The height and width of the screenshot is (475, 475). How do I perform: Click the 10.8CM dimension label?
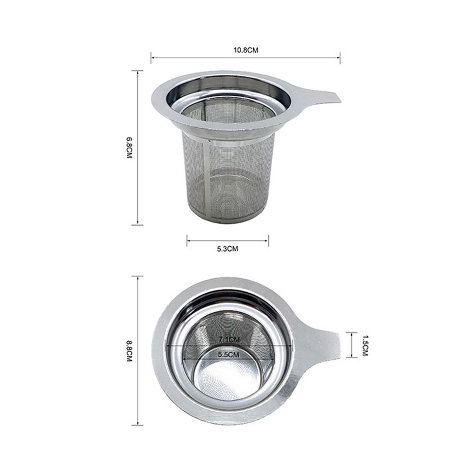point(246,50)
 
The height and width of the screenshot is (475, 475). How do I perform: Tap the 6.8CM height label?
point(129,148)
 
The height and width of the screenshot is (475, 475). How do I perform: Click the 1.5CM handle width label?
point(365,345)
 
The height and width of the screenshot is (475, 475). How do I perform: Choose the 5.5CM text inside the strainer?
point(228,354)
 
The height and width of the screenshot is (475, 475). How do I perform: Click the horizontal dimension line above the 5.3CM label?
point(227,240)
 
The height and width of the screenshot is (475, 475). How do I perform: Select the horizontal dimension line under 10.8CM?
point(246,58)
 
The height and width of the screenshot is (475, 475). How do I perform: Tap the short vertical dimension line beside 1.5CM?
point(351,345)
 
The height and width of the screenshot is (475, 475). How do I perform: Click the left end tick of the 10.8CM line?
point(151,58)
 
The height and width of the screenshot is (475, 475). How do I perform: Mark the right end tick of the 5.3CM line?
point(268,240)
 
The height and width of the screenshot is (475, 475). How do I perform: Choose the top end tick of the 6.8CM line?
point(138,71)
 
